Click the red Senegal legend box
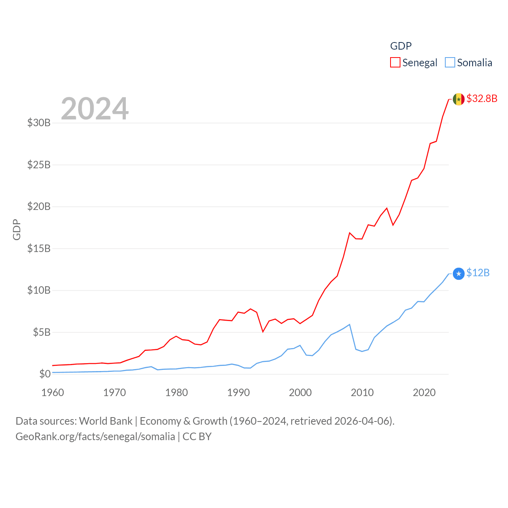(x=395, y=63)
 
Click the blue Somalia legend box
(x=450, y=63)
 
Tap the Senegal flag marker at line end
(x=458, y=99)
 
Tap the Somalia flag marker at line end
(x=458, y=273)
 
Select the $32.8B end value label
(x=482, y=98)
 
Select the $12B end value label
(x=478, y=273)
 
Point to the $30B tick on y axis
(x=39, y=123)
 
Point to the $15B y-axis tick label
(x=39, y=248)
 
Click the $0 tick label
(x=45, y=374)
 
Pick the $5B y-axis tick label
(x=42, y=332)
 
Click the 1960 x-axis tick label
(x=53, y=393)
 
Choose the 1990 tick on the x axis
(x=239, y=393)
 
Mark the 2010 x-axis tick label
(x=362, y=393)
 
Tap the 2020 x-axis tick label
(x=424, y=393)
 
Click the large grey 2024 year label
(x=95, y=109)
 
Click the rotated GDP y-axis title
(x=17, y=229)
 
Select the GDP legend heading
(x=401, y=46)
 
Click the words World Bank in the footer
(x=106, y=421)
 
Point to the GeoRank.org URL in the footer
(x=95, y=437)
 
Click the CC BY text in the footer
(x=197, y=437)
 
